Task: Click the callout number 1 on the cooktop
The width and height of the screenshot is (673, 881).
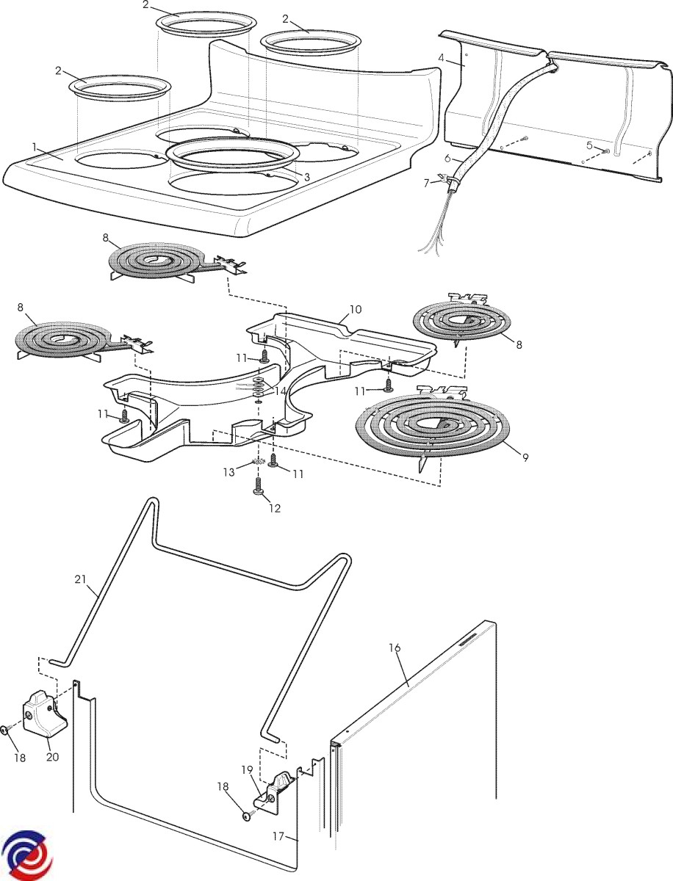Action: point(34,147)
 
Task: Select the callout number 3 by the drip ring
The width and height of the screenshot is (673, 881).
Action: point(307,177)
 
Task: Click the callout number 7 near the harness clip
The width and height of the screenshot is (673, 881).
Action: point(427,183)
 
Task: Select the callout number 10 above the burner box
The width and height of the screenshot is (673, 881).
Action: point(355,309)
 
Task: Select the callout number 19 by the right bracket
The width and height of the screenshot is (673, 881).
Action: point(247,769)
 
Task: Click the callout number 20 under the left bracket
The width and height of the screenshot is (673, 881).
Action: point(52,756)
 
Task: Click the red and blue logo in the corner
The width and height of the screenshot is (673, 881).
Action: point(24,855)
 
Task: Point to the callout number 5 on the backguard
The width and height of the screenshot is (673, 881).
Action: point(589,145)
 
